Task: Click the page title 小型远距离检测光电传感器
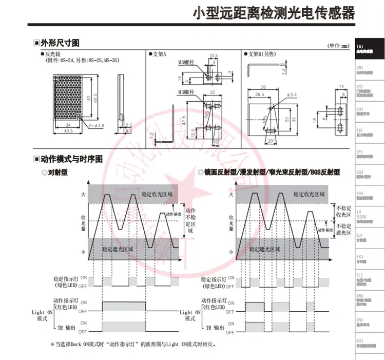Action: tap(273, 13)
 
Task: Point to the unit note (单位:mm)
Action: tap(338, 46)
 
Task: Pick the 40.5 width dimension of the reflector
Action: tap(68, 130)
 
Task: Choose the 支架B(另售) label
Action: tap(262, 53)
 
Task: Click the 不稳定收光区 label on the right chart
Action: tap(344, 211)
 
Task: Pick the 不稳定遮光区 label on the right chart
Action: tap(344, 229)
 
